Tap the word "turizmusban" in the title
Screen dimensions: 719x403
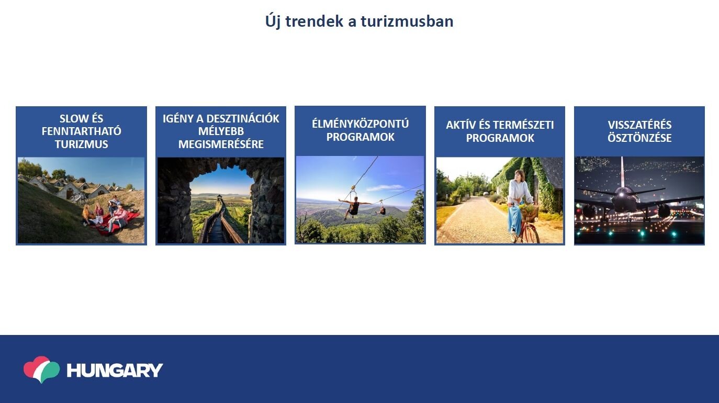(x=407, y=21)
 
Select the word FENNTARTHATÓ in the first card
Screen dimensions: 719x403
(x=81, y=131)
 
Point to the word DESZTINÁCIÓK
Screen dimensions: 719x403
(x=243, y=118)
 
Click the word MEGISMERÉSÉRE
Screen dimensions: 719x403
(x=221, y=144)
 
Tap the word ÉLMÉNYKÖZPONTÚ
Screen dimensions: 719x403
(x=360, y=124)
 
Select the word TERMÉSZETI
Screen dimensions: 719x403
(x=522, y=125)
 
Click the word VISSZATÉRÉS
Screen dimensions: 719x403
(x=639, y=125)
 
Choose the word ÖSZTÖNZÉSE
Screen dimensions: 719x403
(x=639, y=138)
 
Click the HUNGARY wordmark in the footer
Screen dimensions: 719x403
(x=115, y=370)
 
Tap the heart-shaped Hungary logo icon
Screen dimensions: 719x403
(x=42, y=370)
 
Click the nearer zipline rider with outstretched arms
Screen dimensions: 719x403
(x=354, y=207)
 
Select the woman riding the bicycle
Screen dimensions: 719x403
(x=519, y=203)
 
